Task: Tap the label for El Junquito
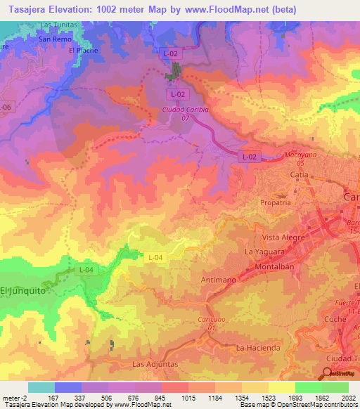pyautogui.click(x=17, y=290)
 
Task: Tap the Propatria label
pyautogui.click(x=275, y=202)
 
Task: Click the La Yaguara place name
pyautogui.click(x=263, y=251)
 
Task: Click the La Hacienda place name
pyautogui.click(x=258, y=348)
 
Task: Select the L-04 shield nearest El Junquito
pyautogui.click(x=86, y=269)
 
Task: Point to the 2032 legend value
pyautogui.click(x=348, y=398)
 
